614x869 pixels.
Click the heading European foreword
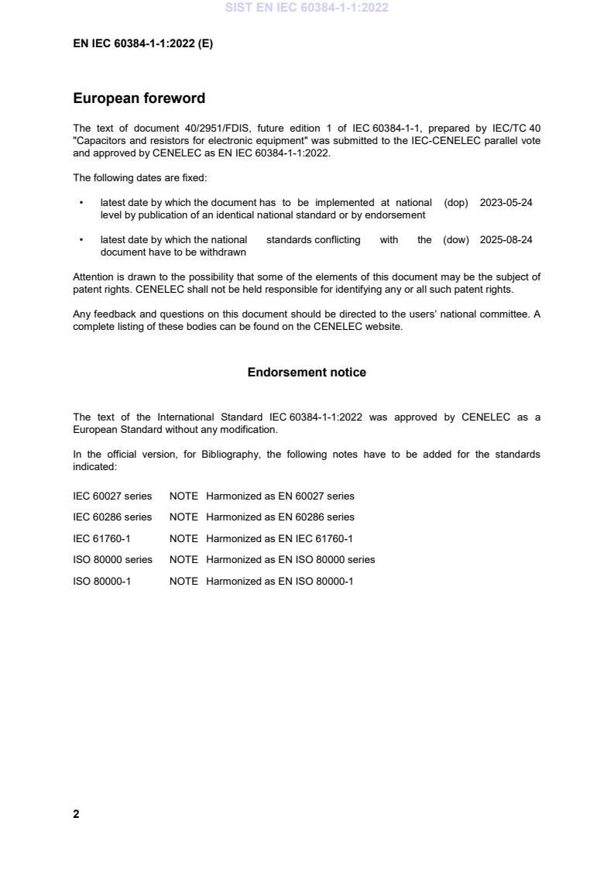[x=139, y=98]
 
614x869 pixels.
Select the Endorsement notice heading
[x=307, y=373]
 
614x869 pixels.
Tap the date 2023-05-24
[x=506, y=203]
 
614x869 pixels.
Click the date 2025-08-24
[x=506, y=240]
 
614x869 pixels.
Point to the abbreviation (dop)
[x=456, y=203]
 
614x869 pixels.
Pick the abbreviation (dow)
[x=456, y=240]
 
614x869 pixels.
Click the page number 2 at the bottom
[x=76, y=814]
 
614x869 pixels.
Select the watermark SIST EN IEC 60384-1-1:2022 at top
[x=307, y=8]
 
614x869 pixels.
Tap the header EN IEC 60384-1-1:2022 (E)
[x=142, y=44]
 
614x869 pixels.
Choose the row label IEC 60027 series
[x=112, y=496]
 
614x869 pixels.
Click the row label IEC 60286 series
[x=112, y=517]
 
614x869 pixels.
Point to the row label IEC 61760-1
[x=102, y=538]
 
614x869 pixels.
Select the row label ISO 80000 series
[x=112, y=559]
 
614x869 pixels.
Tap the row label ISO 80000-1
[x=102, y=581]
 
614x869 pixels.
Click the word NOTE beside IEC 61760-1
[x=184, y=538]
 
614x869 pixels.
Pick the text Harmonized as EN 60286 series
[x=280, y=517]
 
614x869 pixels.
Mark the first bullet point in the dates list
[x=81, y=203]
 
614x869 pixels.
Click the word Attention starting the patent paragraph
[x=94, y=277]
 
